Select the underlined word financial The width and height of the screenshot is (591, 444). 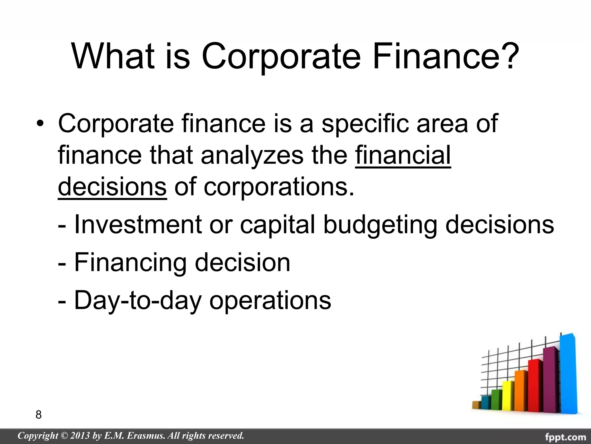coord(403,156)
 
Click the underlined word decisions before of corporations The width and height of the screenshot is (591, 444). coord(112,187)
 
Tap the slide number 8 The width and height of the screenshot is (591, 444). coord(38,415)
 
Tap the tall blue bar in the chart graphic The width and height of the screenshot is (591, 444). coord(568,376)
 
